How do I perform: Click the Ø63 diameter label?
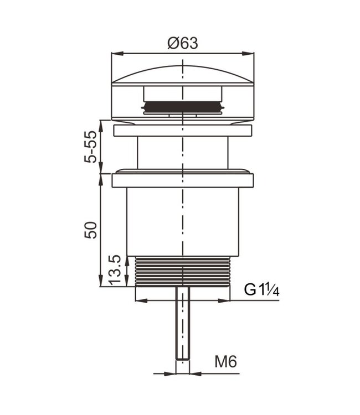tap(182, 43)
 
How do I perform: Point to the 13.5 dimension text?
tap(115, 270)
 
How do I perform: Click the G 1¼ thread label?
tap(262, 289)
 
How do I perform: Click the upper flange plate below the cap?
tap(182, 131)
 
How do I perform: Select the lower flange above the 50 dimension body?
tap(182, 180)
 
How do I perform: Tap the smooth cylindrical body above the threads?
tap(182, 221)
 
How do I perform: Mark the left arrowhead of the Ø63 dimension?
tap(115, 54)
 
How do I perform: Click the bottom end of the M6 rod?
tap(182, 357)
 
